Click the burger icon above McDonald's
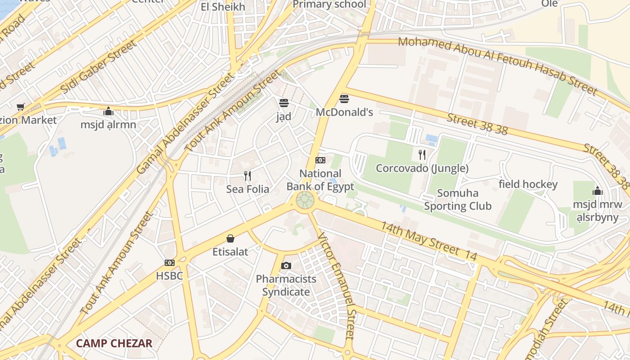[344, 99]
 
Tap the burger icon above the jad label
[283, 103]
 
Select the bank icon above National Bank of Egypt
[320, 160]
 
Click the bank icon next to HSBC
[170, 262]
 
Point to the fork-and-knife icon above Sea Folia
[247, 175]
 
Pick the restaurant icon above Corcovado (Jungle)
[422, 155]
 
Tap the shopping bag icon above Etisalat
[230, 238]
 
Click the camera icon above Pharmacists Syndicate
[286, 265]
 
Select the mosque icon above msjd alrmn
[108, 111]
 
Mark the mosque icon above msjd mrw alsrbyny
[598, 191]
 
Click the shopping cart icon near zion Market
[20, 107]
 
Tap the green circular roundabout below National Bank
[305, 200]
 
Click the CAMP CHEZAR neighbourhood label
[114, 343]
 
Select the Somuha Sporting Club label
[458, 200]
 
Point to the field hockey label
[528, 184]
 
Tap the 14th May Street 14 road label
[428, 240]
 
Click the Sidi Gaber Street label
[98, 67]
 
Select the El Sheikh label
[223, 7]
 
